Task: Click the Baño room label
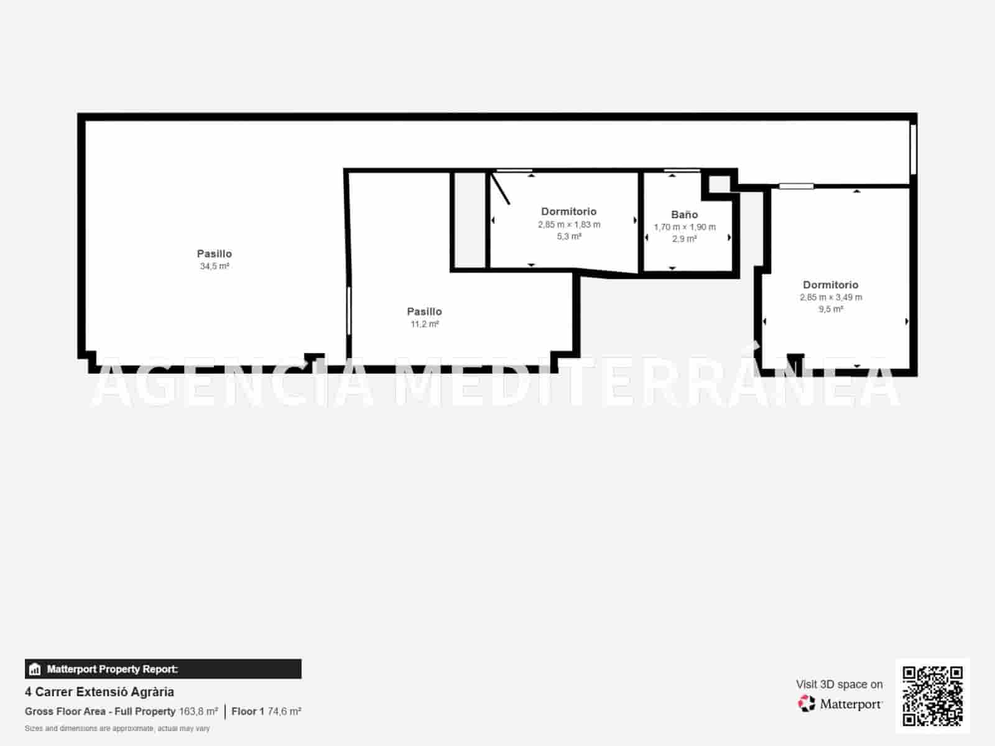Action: tap(684, 214)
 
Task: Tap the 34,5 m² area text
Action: tap(215, 266)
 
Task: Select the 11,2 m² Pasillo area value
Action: tap(425, 324)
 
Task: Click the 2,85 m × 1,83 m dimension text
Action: tap(569, 224)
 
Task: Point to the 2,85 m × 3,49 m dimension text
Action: tap(831, 297)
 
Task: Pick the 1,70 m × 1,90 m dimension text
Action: tap(684, 227)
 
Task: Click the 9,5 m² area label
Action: tap(831, 309)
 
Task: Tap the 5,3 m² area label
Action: tap(569, 236)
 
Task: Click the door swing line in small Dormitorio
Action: tap(501, 188)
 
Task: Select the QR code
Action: tap(932, 696)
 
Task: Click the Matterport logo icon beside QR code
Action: tap(807, 704)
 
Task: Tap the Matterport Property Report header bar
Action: tap(163, 669)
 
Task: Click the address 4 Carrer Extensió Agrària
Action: tap(99, 692)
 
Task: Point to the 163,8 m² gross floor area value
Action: tap(198, 711)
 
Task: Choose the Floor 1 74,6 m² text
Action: tap(266, 711)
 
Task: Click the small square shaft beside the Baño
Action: tap(720, 184)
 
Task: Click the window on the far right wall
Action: tap(913, 150)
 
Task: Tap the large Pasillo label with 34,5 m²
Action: tap(215, 254)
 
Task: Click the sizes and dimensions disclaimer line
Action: tap(117, 728)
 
